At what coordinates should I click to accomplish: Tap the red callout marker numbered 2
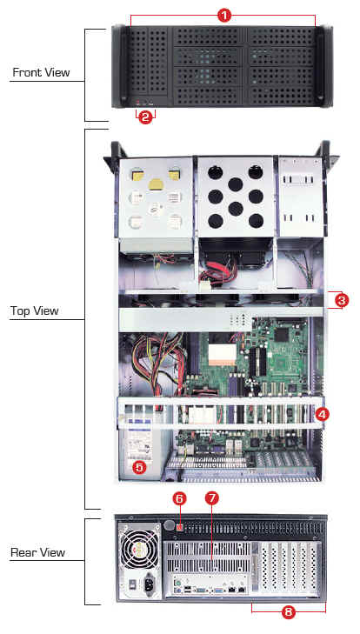(x=145, y=117)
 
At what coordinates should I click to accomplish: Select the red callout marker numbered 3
(x=342, y=300)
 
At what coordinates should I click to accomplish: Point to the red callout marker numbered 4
(x=323, y=414)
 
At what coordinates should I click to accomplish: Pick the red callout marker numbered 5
(x=139, y=467)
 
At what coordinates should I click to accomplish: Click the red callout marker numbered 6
(x=180, y=498)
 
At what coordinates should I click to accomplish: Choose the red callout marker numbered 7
(x=211, y=498)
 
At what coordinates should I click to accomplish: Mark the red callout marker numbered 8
(x=288, y=611)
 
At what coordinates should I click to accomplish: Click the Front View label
(x=41, y=72)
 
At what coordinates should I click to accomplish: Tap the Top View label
(x=35, y=310)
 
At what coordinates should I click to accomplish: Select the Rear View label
(x=38, y=552)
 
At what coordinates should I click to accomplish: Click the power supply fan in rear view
(x=138, y=546)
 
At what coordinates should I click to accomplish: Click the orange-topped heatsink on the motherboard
(x=222, y=350)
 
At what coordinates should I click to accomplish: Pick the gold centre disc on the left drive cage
(x=157, y=184)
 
